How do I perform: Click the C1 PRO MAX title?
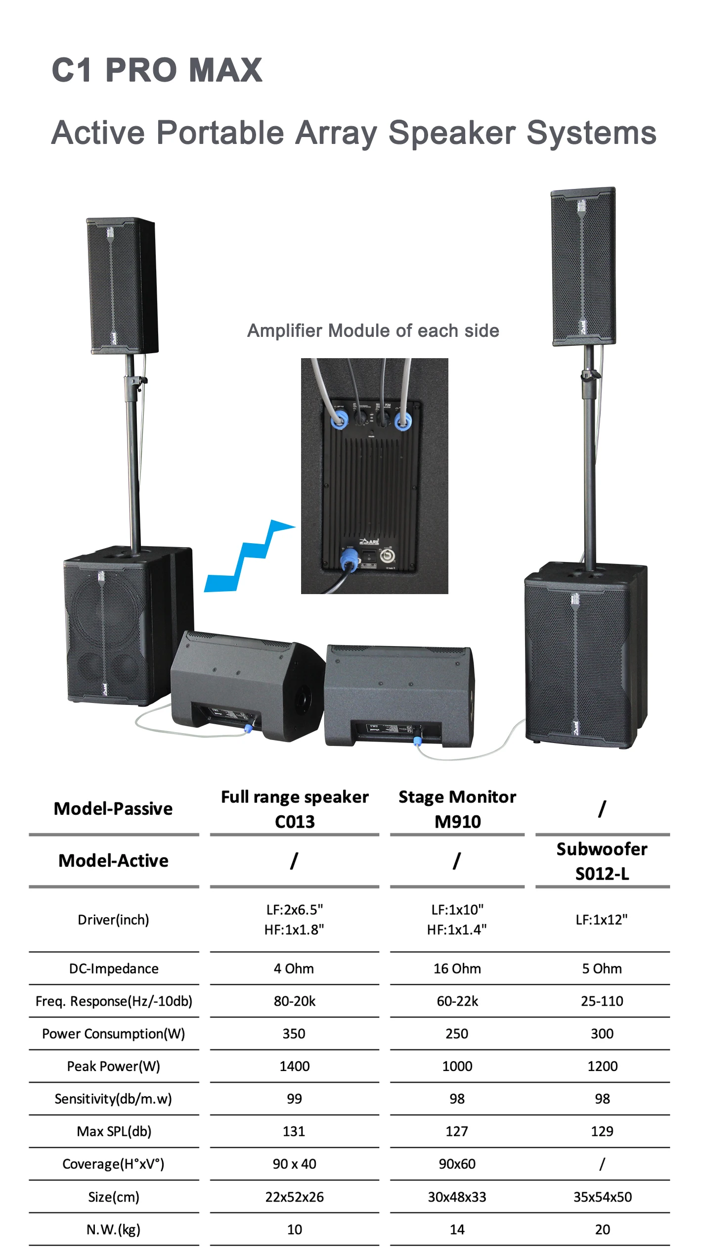coord(157,70)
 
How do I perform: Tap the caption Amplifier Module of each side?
coord(373,330)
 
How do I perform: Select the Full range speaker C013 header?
coord(295,809)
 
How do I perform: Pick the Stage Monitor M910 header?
coord(457,809)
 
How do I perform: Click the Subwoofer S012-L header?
coord(602,861)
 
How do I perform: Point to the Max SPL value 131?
coord(294,1131)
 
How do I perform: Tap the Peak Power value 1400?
coord(295,1066)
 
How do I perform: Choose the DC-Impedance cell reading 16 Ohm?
coord(457,968)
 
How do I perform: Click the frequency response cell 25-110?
coord(602,1001)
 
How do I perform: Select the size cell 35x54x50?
coord(602,1197)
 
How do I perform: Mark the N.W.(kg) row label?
coord(113,1229)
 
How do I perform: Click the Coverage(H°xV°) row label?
coord(113,1164)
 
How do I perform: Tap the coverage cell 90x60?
coord(457,1164)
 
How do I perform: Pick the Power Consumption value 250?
coord(457,1033)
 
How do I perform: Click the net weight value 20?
coord(602,1229)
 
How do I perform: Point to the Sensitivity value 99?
coord(294,1099)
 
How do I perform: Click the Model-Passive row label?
coord(113,809)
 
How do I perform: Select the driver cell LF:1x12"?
coord(602,920)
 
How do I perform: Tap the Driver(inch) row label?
coord(113,920)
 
